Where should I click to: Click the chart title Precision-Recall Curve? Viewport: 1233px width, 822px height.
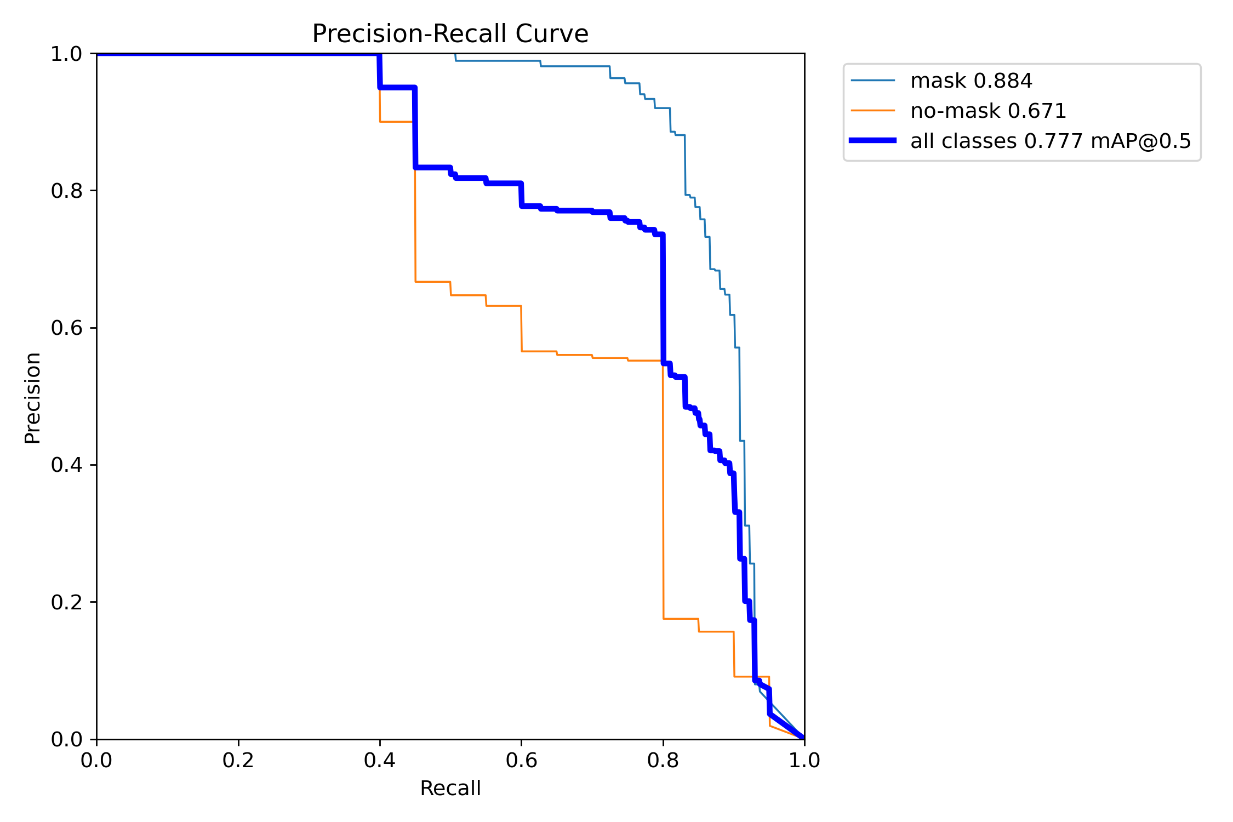tap(450, 34)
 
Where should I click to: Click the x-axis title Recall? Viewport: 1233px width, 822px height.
tap(450, 789)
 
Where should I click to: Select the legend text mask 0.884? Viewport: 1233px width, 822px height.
tap(971, 81)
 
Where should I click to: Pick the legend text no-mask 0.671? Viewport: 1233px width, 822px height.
tap(988, 111)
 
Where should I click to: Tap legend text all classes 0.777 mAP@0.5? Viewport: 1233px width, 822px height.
tap(1051, 141)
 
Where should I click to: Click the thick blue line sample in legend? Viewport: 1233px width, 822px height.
tap(872, 141)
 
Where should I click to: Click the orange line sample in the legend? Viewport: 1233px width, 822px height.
tap(872, 111)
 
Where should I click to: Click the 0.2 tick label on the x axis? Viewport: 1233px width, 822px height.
tap(238, 760)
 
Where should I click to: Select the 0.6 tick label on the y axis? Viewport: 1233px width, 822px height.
tap(66, 328)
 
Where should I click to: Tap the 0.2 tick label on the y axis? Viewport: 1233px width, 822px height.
tap(66, 602)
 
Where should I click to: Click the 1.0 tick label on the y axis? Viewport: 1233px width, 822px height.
tap(66, 54)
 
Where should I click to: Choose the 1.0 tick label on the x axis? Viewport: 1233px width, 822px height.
tap(804, 760)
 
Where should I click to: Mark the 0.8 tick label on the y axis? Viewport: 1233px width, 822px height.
tap(66, 191)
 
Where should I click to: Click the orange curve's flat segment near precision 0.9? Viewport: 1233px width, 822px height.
tap(396, 122)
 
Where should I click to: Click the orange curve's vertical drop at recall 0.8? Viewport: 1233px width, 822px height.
tap(663, 493)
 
